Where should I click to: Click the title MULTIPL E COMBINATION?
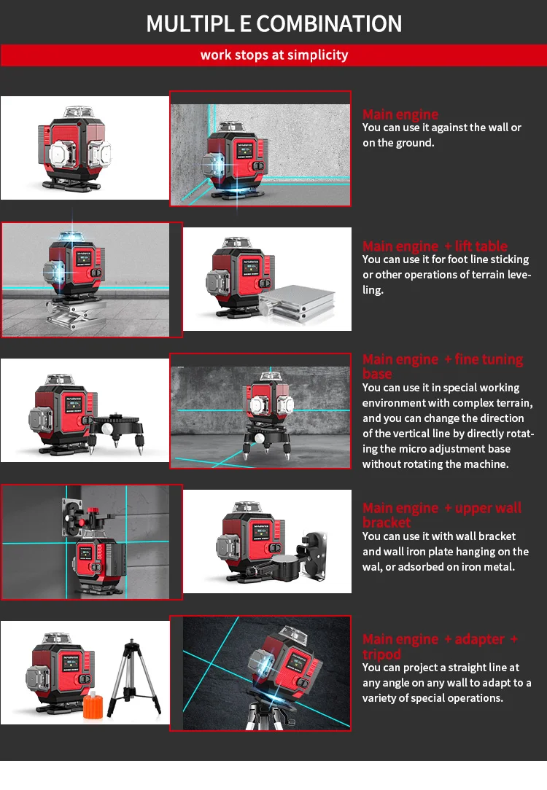273,23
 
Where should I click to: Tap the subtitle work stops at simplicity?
273,55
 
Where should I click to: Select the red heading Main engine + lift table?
435,246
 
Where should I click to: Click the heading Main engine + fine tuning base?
442,366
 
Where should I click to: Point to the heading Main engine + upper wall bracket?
441,515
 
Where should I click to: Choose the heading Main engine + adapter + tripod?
440,646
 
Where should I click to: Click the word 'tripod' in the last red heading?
381,654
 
